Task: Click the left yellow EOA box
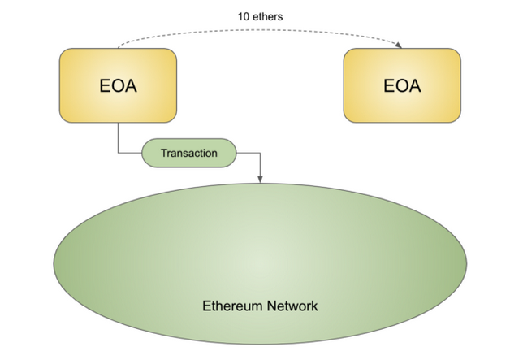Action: coord(118,85)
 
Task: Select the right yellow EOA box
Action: coord(403,85)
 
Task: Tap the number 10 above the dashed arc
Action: coord(244,15)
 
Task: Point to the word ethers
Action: coord(270,15)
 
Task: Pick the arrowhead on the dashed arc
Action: coord(400,46)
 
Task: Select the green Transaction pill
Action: coord(188,152)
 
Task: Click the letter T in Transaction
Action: coord(163,152)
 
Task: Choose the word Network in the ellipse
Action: coord(292,306)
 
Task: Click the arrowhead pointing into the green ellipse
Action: coord(259,178)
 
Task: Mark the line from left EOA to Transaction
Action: coord(119,138)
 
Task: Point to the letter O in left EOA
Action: coord(117,85)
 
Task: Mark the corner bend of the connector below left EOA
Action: coord(119,152)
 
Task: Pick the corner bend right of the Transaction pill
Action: coord(259,152)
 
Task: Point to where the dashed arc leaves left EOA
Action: coord(119,47)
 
